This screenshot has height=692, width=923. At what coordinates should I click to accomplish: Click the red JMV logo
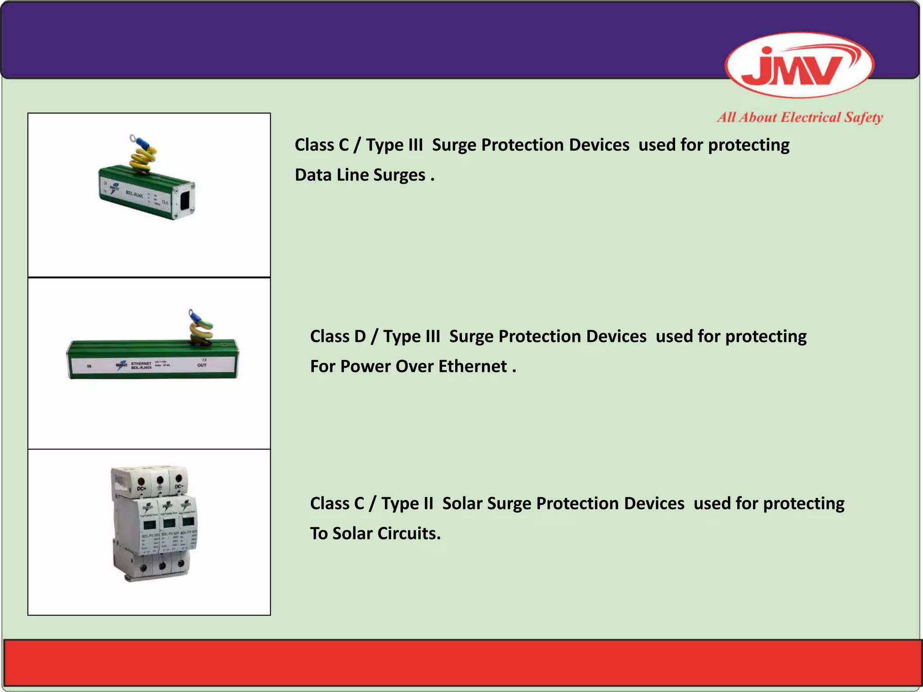click(x=799, y=66)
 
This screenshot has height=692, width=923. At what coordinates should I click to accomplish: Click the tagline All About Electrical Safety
click(x=800, y=118)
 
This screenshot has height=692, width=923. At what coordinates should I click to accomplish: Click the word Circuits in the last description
click(x=409, y=533)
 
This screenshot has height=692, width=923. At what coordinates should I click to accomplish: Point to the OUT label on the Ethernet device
click(x=202, y=365)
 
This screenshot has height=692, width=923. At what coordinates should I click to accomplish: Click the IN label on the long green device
click(x=89, y=366)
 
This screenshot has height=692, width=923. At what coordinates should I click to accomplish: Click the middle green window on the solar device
click(x=169, y=523)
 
